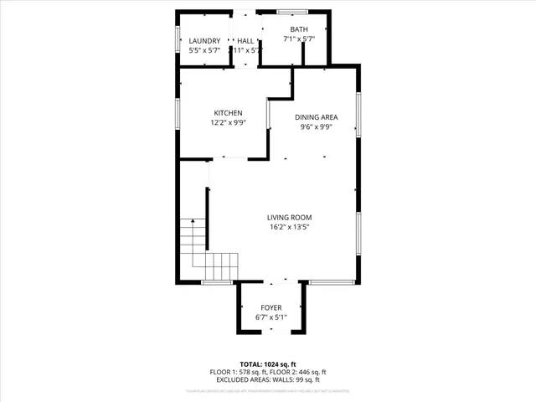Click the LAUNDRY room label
[x=204, y=41]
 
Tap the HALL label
[x=245, y=41]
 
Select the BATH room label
[x=299, y=29]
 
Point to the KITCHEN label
[x=228, y=113]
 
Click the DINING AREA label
[x=317, y=118]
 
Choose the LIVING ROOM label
[x=290, y=218]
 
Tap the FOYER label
[x=271, y=308]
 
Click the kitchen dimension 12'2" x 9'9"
[x=228, y=123]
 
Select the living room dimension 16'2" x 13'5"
[x=290, y=228]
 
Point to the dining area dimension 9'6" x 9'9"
[x=317, y=128]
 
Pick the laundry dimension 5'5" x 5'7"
[x=204, y=51]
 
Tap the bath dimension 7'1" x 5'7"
[x=299, y=39]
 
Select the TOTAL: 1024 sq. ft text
[x=268, y=364]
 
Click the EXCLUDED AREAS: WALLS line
[x=268, y=380]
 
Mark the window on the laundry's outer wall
[x=178, y=39]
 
